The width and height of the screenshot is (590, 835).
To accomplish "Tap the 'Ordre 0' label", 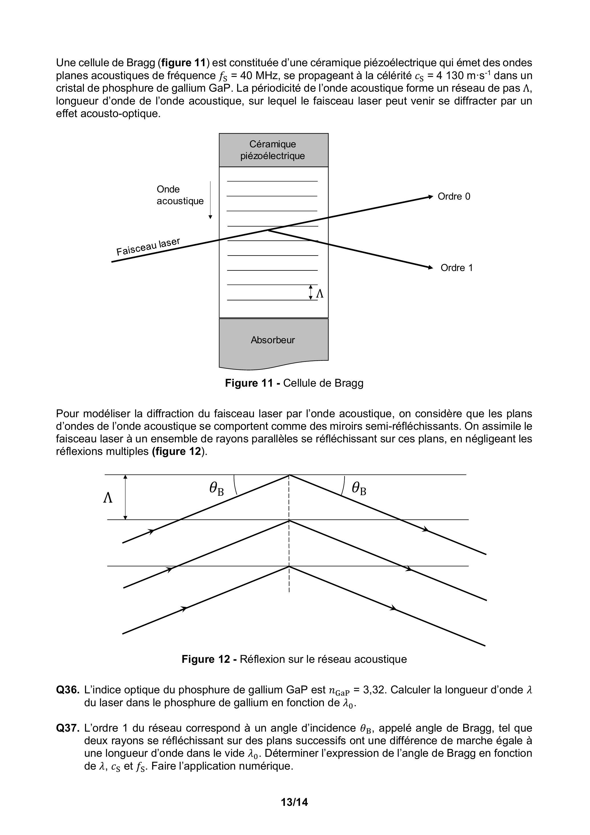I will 454,196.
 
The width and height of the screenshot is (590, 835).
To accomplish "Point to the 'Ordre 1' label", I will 457,268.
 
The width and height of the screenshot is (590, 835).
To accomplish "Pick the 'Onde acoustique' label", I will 180,195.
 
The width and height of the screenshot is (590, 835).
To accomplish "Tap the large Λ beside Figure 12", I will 108,498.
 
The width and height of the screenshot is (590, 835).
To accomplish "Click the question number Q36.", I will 68,690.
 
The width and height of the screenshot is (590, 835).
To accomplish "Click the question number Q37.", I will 68,728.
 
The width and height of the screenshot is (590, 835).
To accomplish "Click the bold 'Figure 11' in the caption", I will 249,383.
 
